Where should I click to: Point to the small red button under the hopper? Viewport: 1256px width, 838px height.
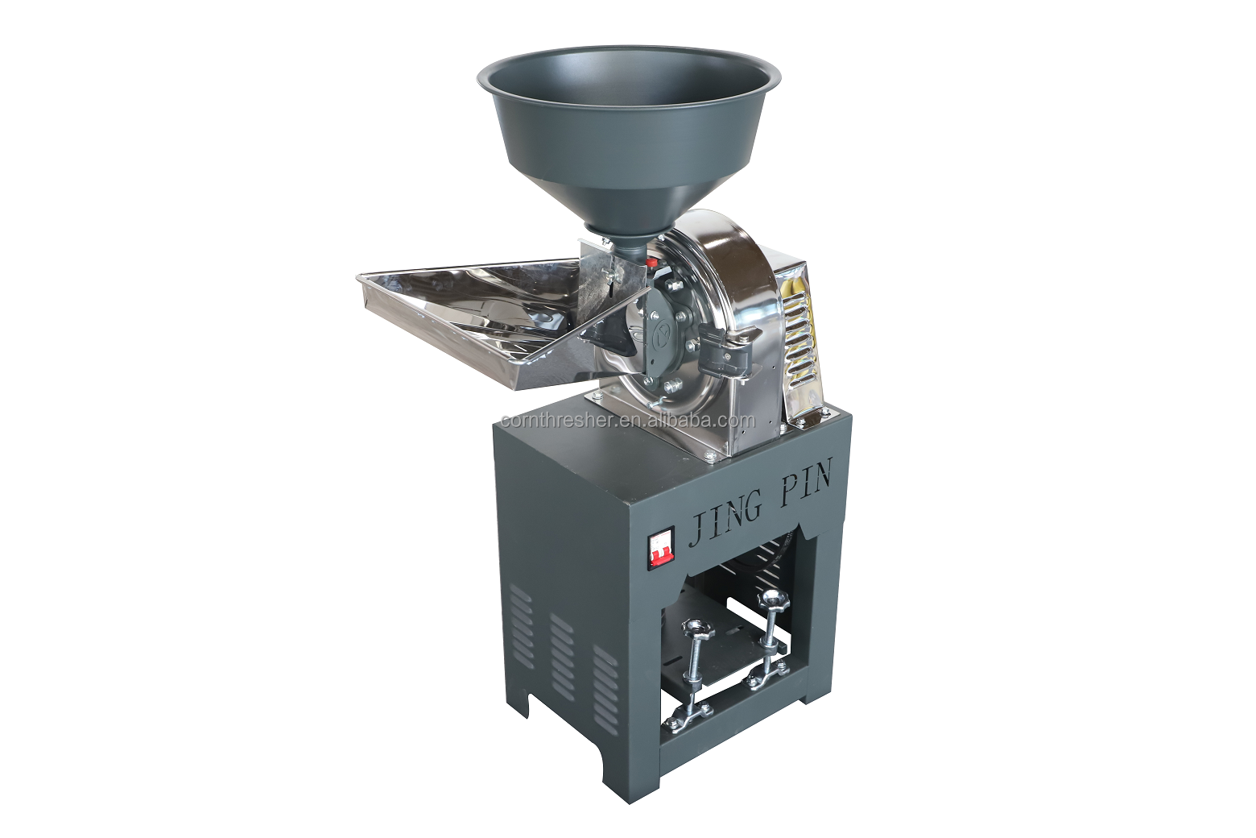651,262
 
